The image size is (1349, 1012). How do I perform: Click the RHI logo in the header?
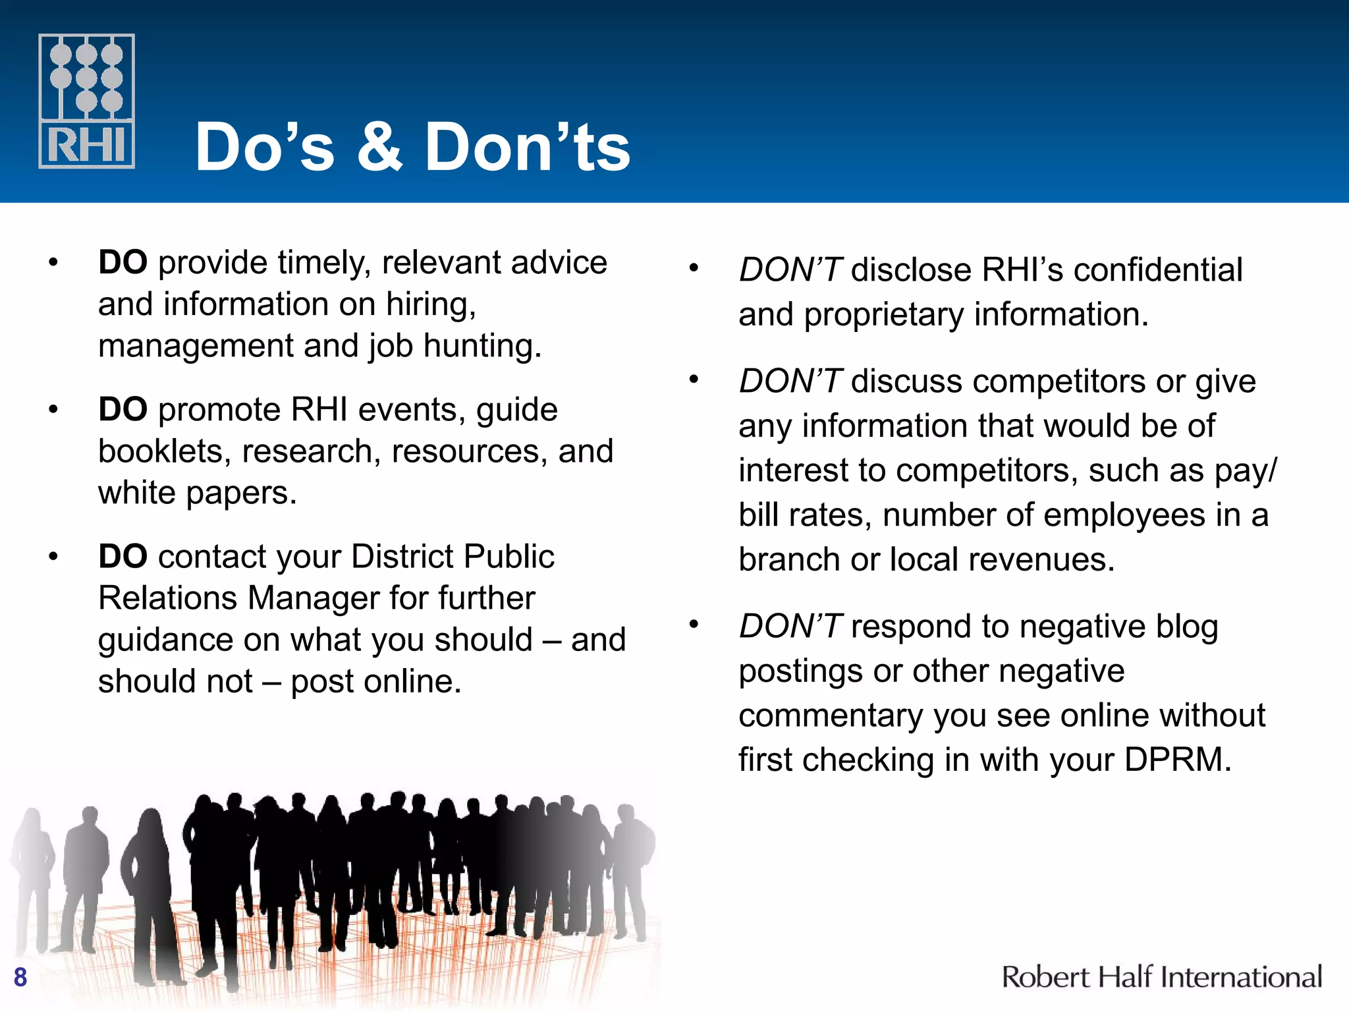86,101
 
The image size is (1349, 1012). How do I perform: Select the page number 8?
20,976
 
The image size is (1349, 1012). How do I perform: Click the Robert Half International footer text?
1161,976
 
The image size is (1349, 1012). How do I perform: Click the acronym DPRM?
1177,760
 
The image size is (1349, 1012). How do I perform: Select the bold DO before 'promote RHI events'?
123,410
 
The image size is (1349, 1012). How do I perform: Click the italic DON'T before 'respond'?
790,627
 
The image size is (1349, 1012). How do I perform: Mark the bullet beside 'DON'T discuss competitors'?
693,380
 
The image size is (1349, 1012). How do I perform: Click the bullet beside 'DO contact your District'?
53,557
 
